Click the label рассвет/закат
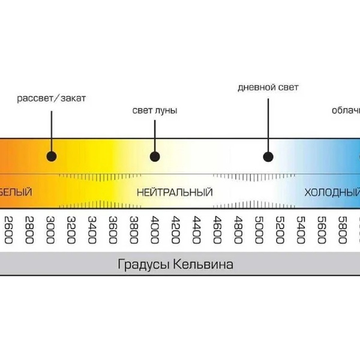point(51,98)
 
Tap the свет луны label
point(155,111)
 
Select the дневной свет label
point(268,88)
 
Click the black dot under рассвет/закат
point(51,157)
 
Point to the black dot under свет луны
point(155,157)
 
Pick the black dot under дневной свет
point(268,157)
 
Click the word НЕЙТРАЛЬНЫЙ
point(175,193)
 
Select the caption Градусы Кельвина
point(174,265)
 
